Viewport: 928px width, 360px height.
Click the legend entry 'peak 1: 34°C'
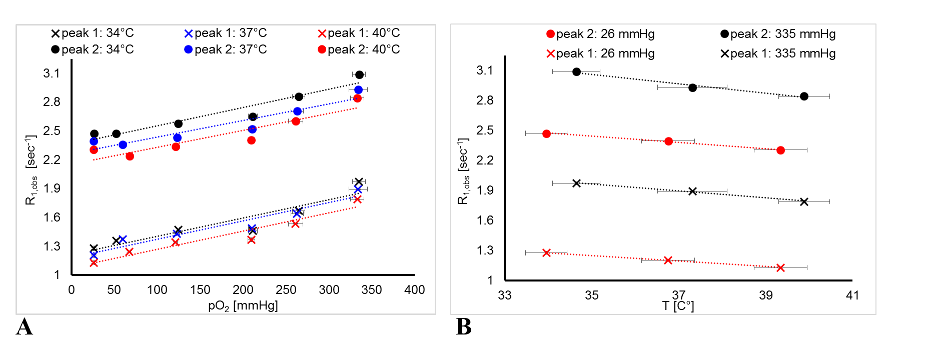[x=93, y=33]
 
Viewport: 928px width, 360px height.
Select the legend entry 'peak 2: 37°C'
[x=226, y=49]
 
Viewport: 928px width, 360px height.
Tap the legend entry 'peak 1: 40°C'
[x=359, y=33]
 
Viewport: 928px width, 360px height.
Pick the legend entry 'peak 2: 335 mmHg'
[x=778, y=34]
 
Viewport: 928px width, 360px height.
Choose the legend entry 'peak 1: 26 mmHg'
[x=600, y=53]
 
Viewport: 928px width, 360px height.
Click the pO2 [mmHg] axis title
[x=243, y=305]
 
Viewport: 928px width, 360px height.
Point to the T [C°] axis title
[x=678, y=305]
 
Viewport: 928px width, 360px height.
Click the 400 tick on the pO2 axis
[x=415, y=290]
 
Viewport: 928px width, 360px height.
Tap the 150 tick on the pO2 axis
[x=200, y=290]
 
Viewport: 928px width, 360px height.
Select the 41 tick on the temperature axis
[x=852, y=295]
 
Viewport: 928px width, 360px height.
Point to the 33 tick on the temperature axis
[x=505, y=295]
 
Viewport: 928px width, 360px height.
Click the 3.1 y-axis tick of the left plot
[x=52, y=73]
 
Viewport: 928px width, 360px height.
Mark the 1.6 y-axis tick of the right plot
[x=485, y=220]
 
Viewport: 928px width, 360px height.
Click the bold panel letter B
[x=464, y=327]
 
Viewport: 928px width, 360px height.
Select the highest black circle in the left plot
[x=359, y=74]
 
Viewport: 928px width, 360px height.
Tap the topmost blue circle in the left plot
[x=358, y=90]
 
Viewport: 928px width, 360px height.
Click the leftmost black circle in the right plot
[x=576, y=72]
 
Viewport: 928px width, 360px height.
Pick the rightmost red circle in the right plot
[x=780, y=150]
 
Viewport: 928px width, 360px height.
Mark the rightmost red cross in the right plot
[x=780, y=268]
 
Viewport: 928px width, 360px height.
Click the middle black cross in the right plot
[x=692, y=191]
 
